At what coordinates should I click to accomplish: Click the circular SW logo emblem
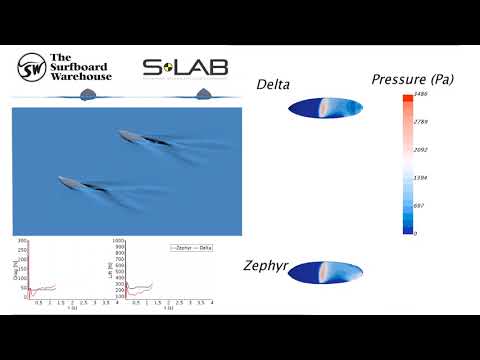(32, 67)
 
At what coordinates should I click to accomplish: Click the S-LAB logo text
(185, 68)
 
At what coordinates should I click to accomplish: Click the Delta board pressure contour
(324, 108)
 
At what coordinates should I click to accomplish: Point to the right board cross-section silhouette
(205, 94)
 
